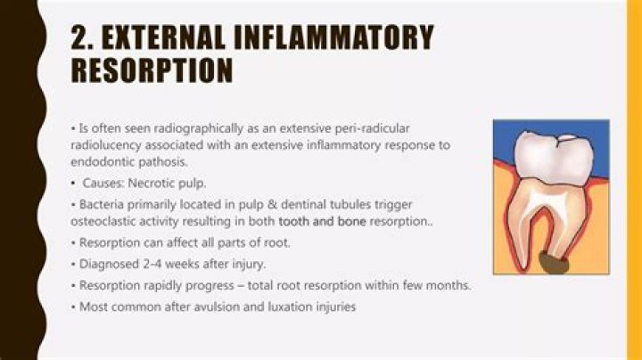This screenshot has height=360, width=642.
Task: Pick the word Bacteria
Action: pos(101,203)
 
